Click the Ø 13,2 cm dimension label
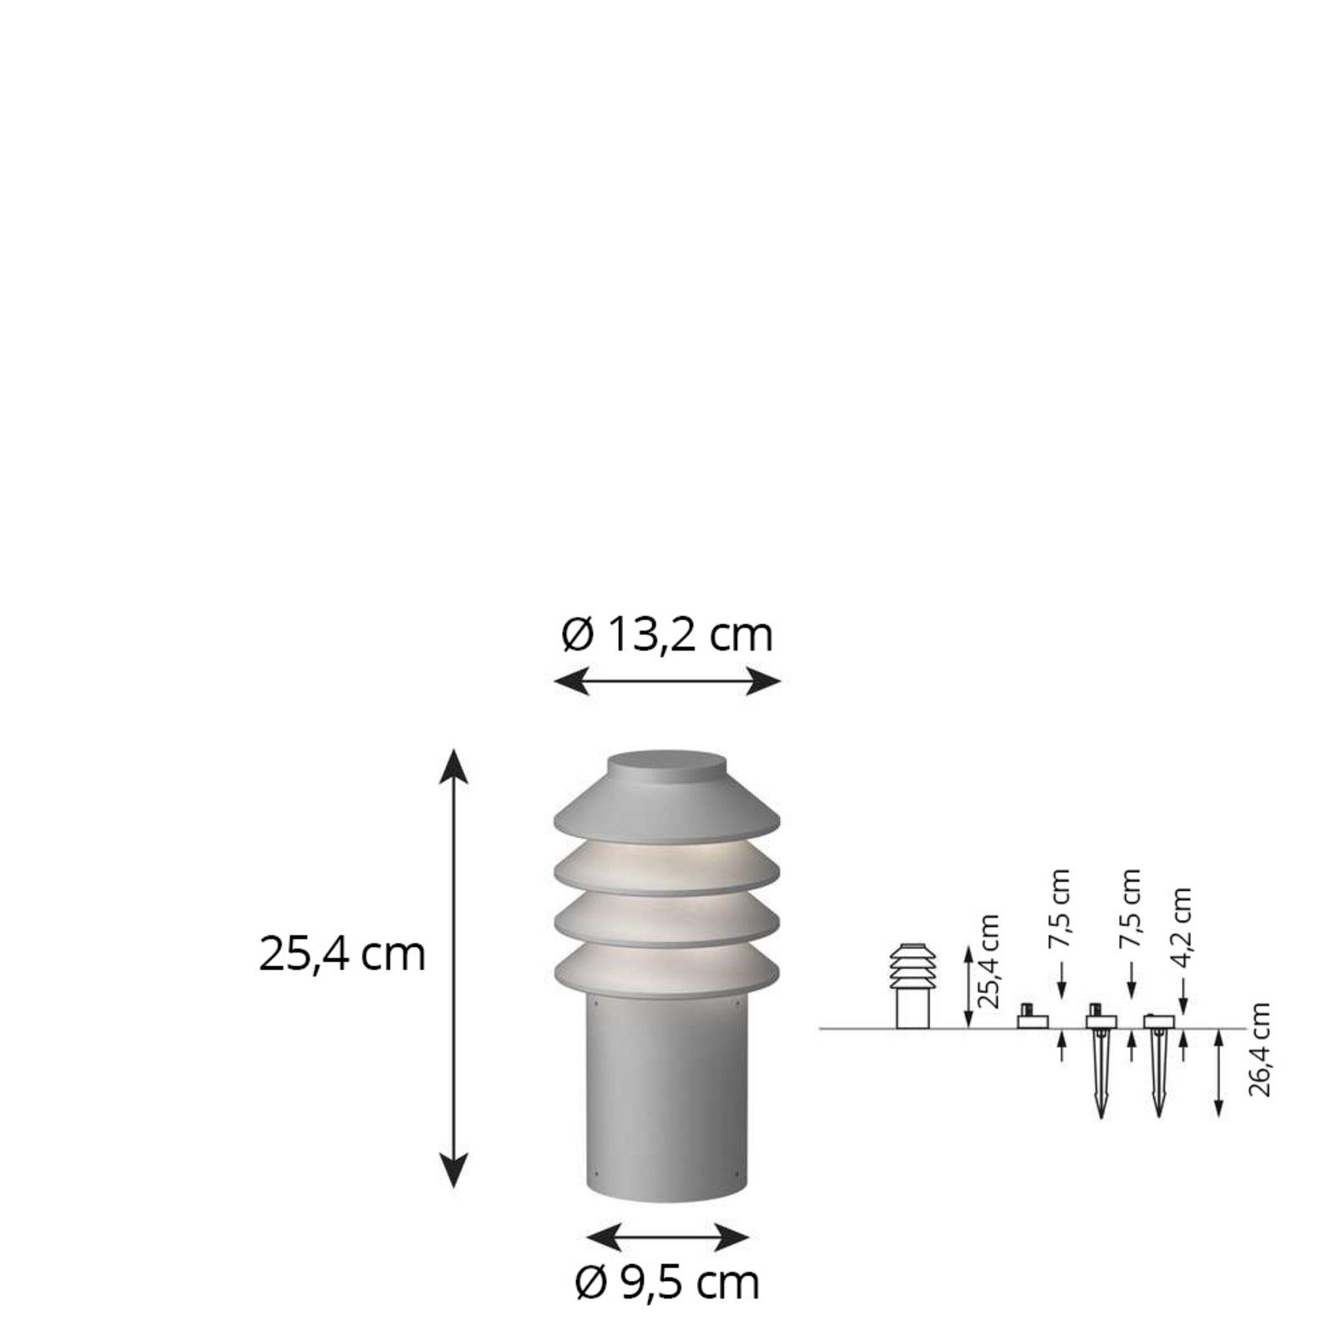(x=666, y=636)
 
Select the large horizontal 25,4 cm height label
(x=342, y=954)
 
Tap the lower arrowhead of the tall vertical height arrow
(x=453, y=1173)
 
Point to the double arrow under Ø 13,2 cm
(x=666, y=681)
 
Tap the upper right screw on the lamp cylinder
(x=738, y=1005)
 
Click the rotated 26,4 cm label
(x=1260, y=1050)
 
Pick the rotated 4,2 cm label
(x=1182, y=927)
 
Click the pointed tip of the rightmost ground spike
(x=1157, y=1115)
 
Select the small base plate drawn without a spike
(x=1032, y=1020)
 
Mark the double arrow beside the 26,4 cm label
(x=1219, y=1073)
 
